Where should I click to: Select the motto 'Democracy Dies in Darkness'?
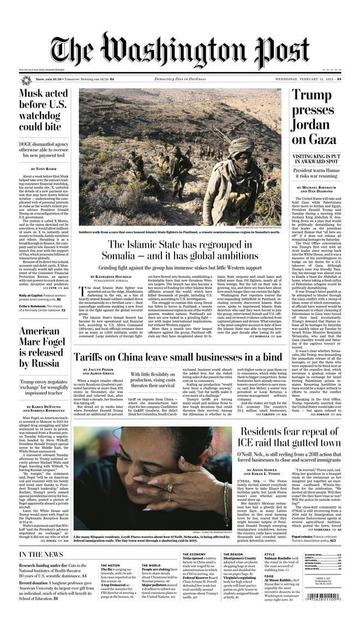click(180, 79)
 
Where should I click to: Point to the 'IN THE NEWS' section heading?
click(41, 555)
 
